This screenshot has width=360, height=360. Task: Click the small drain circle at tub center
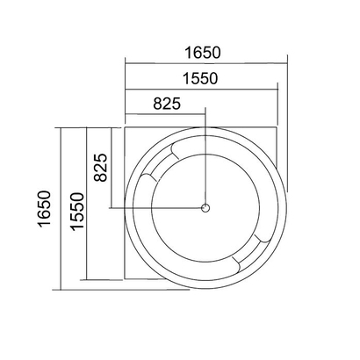[205, 208]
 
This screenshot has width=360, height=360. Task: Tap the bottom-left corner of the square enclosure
[126, 280]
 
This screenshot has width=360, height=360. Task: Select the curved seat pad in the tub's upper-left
[160, 163]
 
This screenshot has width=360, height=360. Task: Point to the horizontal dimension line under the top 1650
[206, 62]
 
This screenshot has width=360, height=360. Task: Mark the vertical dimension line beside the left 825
[112, 167]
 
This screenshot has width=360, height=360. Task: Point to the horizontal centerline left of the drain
[158, 208]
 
